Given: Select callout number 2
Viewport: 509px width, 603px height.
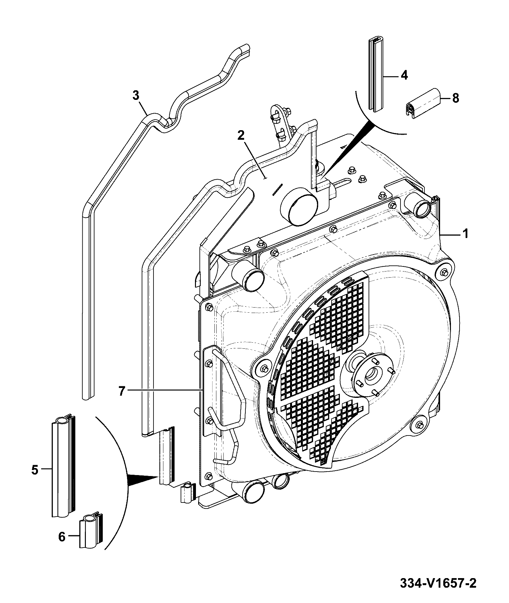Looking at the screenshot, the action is pos(241,135).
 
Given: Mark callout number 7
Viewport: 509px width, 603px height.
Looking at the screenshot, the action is pos(122,391).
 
